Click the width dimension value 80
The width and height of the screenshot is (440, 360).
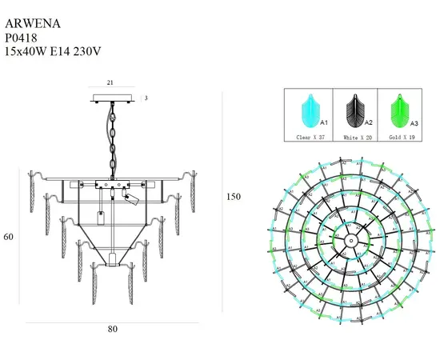pos(112,329)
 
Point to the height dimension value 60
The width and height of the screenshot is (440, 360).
pos(9,237)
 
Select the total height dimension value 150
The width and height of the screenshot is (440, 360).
pos(234,196)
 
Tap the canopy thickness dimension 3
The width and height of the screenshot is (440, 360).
pos(146,98)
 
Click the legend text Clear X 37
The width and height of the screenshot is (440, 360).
pos(309,138)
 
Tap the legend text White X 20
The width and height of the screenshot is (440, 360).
pos(354,138)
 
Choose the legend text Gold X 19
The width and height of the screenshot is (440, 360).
pos(399,138)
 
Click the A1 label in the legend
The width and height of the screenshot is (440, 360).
pos(323,124)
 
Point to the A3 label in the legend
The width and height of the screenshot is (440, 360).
pos(414,124)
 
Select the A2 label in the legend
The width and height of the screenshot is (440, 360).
pos(369,124)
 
